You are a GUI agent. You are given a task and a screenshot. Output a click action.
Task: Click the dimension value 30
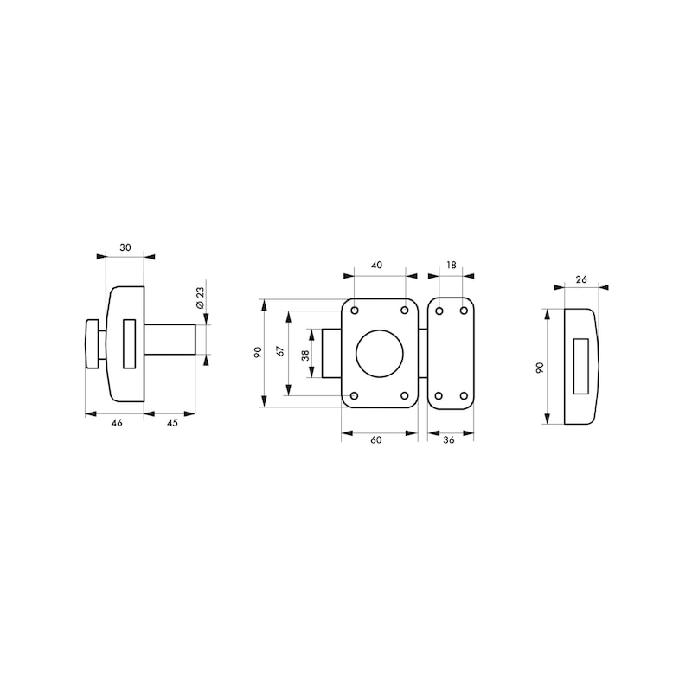[125, 247]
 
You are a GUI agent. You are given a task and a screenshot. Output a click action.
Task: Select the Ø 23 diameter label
[199, 298]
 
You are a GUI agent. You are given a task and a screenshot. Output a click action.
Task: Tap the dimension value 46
[115, 422]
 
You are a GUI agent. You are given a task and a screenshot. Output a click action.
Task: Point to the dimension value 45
[172, 422]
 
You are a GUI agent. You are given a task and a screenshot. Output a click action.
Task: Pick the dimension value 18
[451, 266]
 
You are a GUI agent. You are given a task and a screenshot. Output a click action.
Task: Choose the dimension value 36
[450, 440]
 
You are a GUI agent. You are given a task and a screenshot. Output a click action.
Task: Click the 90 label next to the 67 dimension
[258, 352]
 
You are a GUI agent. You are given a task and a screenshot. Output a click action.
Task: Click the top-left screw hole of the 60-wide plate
[355, 310]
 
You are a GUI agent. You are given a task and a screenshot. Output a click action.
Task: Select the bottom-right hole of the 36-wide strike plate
[464, 396]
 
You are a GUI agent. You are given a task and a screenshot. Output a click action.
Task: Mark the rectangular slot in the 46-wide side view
[130, 343]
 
